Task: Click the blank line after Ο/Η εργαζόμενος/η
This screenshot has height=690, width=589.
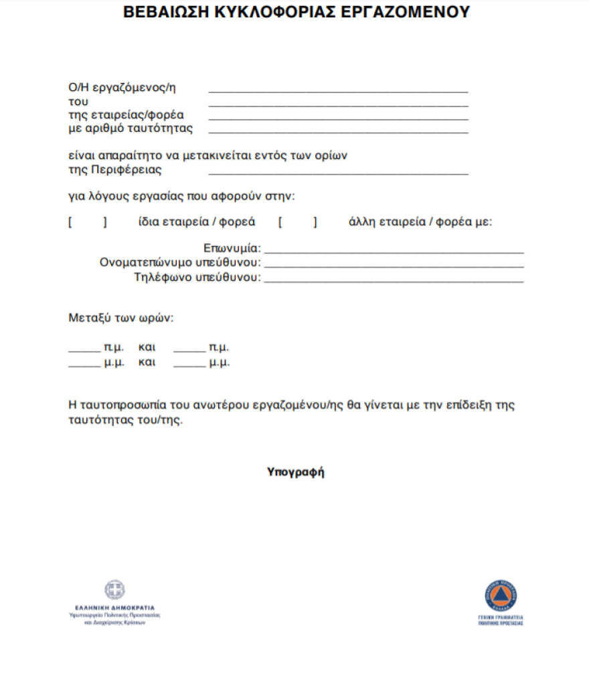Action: (x=338, y=90)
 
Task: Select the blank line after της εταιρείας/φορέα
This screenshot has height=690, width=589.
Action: (x=338, y=118)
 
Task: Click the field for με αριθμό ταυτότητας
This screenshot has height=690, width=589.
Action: (x=338, y=132)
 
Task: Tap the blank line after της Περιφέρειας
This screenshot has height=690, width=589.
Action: (x=338, y=172)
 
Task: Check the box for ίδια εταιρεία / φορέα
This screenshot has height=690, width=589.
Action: (x=87, y=223)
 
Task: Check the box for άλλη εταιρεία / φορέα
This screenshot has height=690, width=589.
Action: (x=298, y=223)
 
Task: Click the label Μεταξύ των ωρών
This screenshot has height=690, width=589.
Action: (x=120, y=318)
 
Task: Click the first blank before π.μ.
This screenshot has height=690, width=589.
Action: (x=84, y=350)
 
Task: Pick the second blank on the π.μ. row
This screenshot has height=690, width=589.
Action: (x=189, y=350)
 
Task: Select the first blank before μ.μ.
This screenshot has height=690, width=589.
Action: (x=84, y=365)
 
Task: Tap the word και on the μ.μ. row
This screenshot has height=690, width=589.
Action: (x=147, y=363)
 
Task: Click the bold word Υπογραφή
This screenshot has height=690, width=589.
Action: (x=295, y=472)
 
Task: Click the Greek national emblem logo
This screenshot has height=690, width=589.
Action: (x=114, y=590)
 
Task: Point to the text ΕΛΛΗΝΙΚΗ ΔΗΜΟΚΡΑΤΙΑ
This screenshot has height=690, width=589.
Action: (x=114, y=607)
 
